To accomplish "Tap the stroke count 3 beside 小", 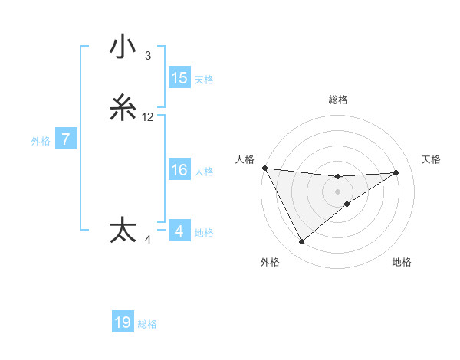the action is point(148,56).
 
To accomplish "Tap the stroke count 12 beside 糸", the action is point(148,117).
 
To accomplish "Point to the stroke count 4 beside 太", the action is point(148,240).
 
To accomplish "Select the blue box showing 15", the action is point(179,78).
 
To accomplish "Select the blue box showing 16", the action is point(179,170).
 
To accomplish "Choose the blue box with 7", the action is point(66,140).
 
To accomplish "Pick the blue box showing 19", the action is point(123,322).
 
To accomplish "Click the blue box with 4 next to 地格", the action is point(179,231).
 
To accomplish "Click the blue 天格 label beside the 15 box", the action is point(204,79).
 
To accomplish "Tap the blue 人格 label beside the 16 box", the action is point(204,172).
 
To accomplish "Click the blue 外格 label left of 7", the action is point(40,141).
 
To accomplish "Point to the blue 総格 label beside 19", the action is point(147,324).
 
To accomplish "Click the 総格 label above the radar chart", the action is point(337,100).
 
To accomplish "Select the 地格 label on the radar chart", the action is point(402,262).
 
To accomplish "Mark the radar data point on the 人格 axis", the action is point(264,168).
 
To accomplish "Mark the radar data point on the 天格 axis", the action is point(396,172).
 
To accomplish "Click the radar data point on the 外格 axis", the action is point(301,242).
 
